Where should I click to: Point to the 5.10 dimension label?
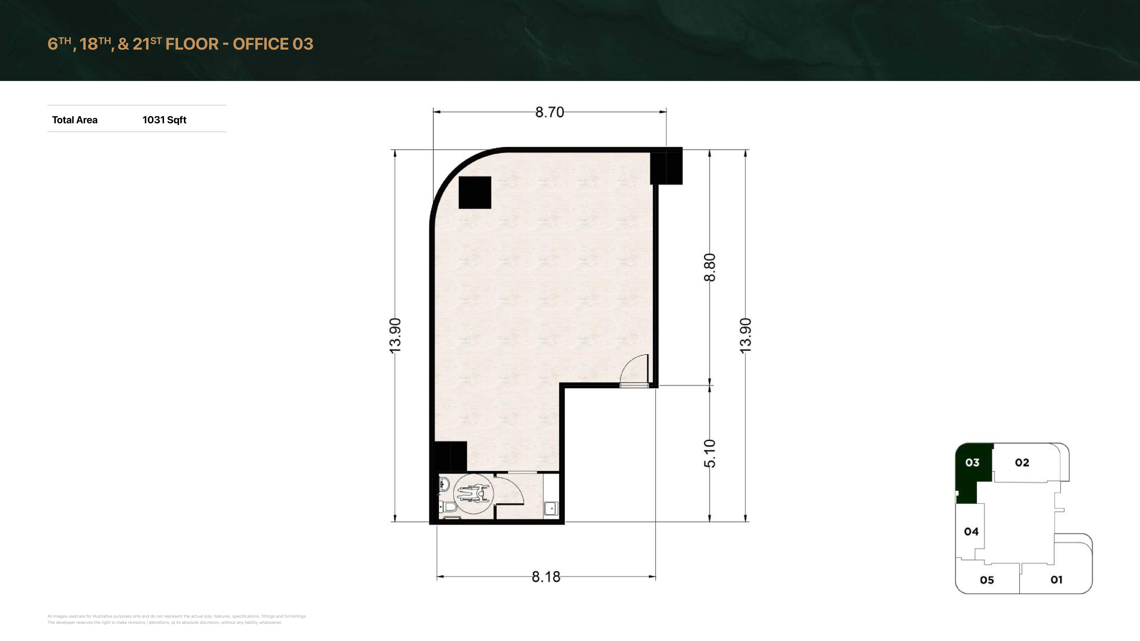709,453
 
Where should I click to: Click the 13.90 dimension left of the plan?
395,335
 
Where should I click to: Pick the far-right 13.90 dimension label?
745,335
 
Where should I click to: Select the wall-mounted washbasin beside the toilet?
444,486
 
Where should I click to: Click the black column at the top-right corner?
666,167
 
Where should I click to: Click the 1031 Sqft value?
164,120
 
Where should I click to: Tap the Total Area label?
75,120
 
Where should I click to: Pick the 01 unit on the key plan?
1056,579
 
